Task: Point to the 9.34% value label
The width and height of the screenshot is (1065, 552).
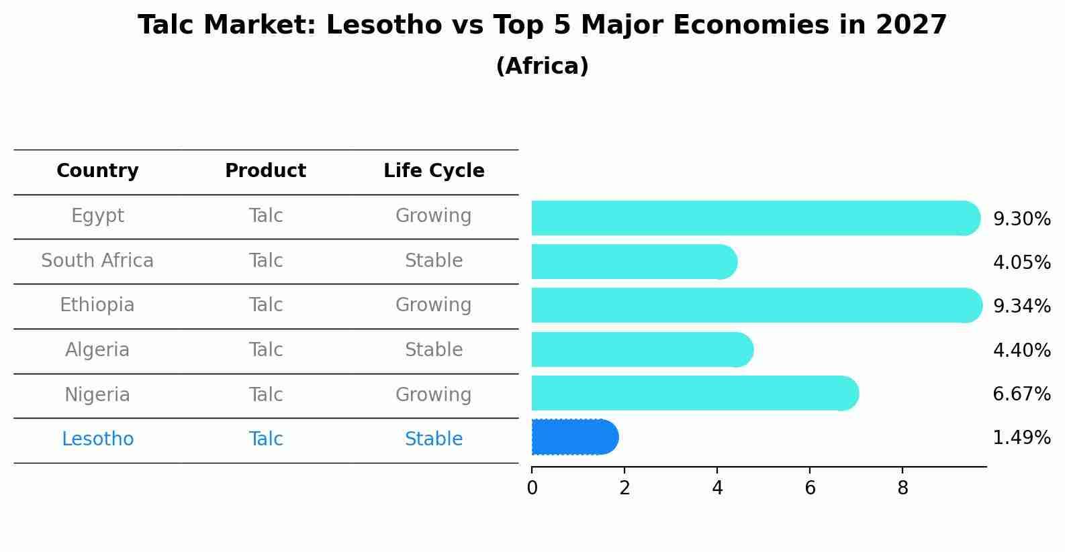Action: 1021,307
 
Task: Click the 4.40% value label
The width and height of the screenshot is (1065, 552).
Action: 1021,350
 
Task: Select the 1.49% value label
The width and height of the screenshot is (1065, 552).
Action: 1021,438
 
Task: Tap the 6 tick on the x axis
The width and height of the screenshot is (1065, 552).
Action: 810,488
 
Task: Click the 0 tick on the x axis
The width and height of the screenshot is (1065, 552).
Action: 532,488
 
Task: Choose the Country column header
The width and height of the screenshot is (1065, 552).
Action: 97,171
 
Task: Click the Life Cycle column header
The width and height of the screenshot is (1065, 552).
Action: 434,171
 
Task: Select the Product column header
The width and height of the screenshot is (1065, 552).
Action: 265,171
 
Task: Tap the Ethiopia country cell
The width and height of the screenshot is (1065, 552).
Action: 97,305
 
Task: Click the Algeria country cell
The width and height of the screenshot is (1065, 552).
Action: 97,350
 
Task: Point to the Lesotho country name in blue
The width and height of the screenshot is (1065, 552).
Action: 97,439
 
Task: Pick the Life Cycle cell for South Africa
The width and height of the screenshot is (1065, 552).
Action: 434,261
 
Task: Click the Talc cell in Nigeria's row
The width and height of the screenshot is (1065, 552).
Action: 265,395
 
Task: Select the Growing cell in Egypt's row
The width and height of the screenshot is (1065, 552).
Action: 434,216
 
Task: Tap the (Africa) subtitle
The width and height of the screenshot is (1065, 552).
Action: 542,66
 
